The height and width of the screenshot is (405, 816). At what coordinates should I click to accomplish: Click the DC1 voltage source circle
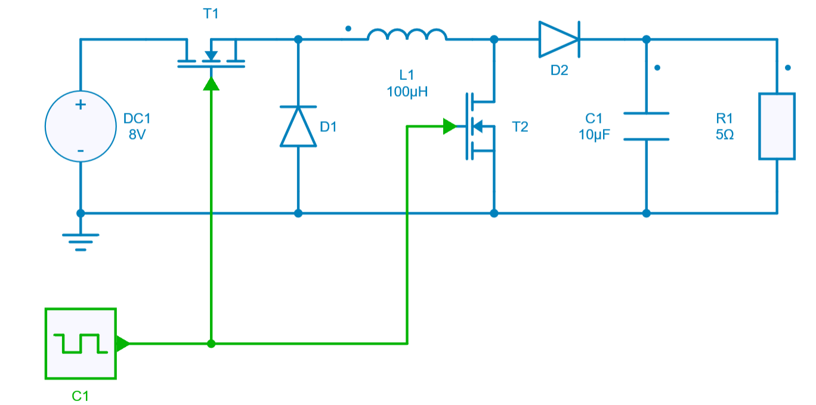(81, 126)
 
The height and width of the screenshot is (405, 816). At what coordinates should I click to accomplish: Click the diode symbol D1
(298, 126)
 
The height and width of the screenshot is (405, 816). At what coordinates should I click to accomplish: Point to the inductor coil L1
(407, 35)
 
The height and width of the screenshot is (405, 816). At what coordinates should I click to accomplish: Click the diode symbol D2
(558, 39)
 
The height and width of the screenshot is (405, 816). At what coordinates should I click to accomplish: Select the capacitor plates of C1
(646, 126)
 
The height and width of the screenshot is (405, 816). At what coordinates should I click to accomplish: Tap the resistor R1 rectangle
(777, 126)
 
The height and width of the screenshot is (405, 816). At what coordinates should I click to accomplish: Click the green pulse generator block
(81, 344)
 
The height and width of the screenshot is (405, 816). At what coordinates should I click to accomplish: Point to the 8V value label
(137, 135)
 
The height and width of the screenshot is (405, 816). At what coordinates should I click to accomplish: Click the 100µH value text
(407, 92)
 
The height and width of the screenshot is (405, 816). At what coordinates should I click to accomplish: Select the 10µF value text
(594, 135)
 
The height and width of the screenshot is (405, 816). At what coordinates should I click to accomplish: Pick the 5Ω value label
(725, 135)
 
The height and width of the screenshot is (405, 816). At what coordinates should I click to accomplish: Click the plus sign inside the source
(81, 105)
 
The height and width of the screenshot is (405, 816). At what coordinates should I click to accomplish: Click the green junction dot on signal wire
(211, 344)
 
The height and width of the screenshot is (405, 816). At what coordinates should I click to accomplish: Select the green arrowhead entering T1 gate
(211, 84)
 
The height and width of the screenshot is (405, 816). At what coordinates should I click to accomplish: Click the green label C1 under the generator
(81, 395)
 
